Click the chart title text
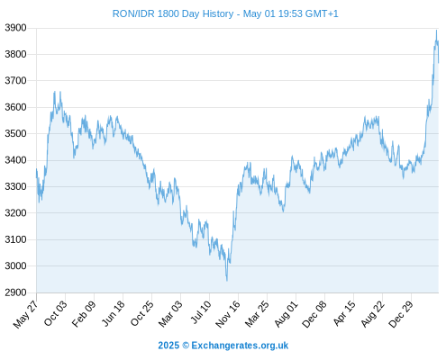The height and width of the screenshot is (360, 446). [225, 13]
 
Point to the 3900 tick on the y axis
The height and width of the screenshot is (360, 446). [15, 28]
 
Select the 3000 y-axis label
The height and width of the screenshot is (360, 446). [15, 265]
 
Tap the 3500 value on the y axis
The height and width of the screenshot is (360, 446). [15, 133]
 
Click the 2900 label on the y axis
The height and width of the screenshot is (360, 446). [15, 292]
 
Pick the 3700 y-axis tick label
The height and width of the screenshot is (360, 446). [15, 81]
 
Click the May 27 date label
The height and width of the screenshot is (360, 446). [26, 314]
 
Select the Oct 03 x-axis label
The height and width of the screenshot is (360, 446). [56, 313]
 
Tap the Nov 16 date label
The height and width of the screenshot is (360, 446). [228, 313]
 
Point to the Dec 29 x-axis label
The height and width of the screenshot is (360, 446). [401, 313]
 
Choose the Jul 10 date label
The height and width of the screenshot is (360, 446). [201, 312]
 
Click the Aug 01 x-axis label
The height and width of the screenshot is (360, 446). [287, 313]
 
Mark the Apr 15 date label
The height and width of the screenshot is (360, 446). [344, 313]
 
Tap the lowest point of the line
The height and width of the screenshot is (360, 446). [227, 281]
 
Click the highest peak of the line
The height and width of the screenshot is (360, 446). [436, 30]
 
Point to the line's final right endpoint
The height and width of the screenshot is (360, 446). [439, 63]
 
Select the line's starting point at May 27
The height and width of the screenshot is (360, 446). [37, 169]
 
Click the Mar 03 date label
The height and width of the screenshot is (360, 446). [170, 313]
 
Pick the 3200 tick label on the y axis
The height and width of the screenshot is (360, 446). [15, 213]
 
